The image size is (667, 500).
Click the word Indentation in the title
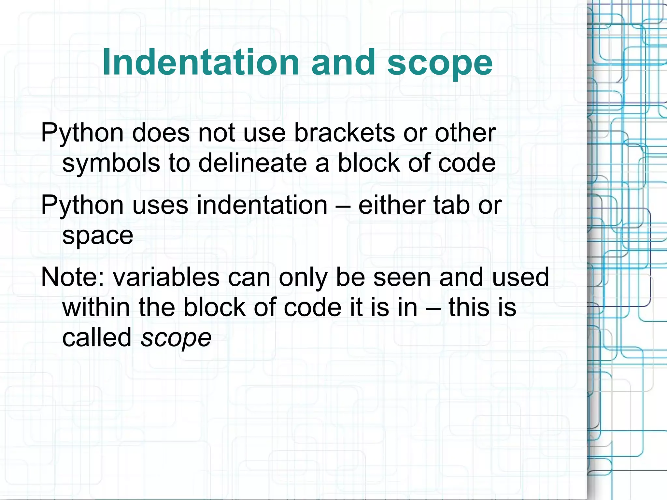(x=201, y=62)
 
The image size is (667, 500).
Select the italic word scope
(x=176, y=338)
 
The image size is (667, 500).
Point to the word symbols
(x=111, y=164)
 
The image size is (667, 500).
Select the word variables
(x=166, y=277)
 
